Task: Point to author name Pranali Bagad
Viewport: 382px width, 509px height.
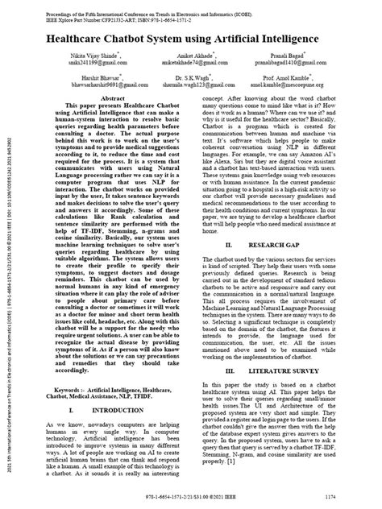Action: (x=308, y=56)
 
